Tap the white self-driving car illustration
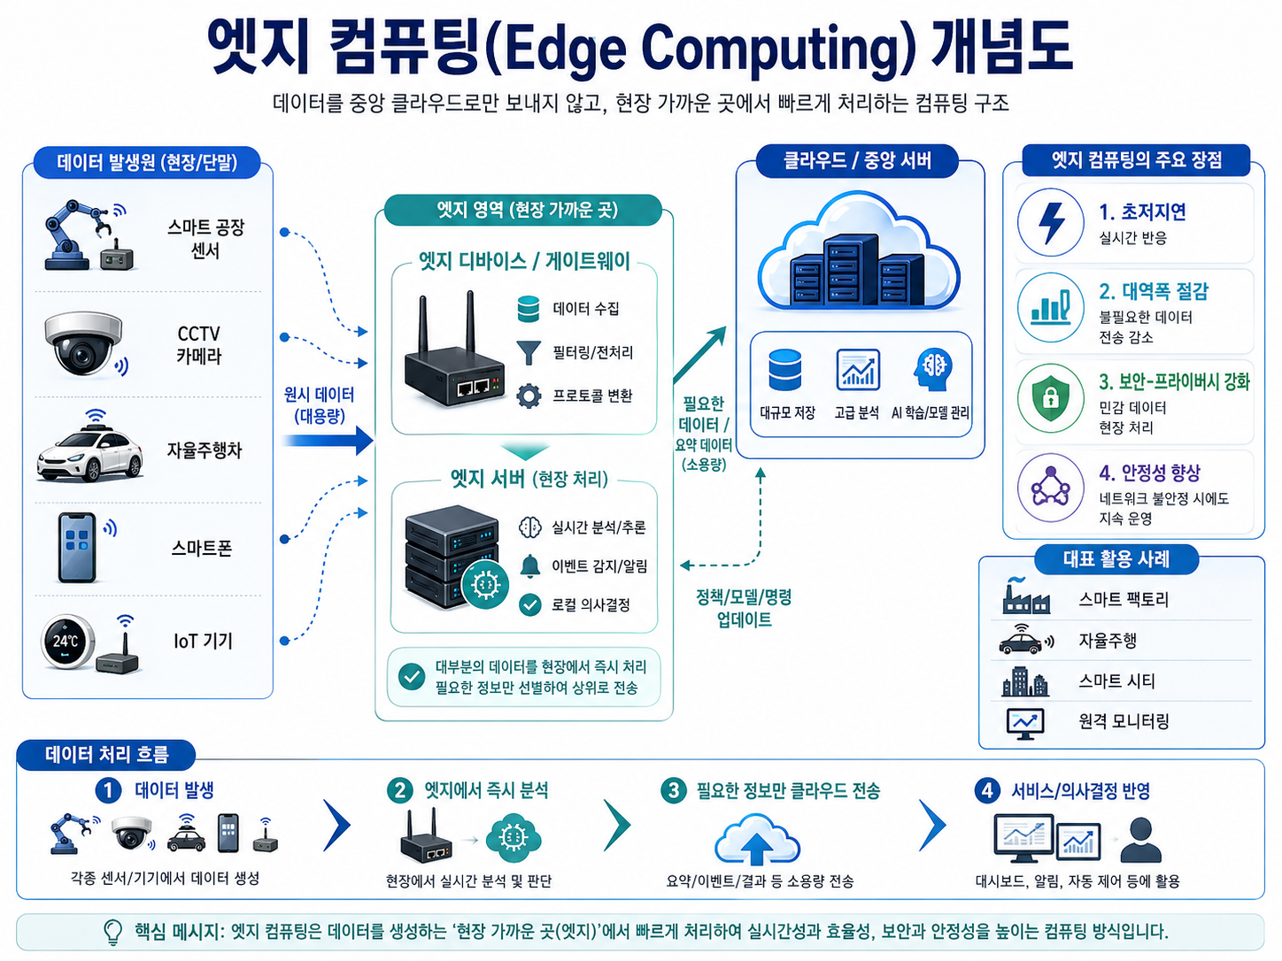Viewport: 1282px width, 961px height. (89, 453)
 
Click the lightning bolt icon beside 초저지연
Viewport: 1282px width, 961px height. (1051, 222)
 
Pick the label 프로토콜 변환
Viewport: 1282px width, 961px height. (592, 396)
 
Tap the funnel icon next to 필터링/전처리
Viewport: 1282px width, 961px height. (529, 352)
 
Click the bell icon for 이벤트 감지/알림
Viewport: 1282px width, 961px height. (529, 565)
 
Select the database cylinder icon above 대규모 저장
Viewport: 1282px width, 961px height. (785, 370)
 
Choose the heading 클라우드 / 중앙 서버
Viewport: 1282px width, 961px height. (858, 160)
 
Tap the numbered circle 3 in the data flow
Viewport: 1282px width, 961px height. (674, 790)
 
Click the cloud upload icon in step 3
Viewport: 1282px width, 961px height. (757, 841)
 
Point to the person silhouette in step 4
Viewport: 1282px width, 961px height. (1140, 840)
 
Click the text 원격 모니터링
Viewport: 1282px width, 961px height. (1124, 721)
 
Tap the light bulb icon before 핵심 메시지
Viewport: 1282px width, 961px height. (113, 932)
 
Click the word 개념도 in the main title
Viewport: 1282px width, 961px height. (1001, 46)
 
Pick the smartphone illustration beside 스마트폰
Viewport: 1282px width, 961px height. (77, 547)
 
